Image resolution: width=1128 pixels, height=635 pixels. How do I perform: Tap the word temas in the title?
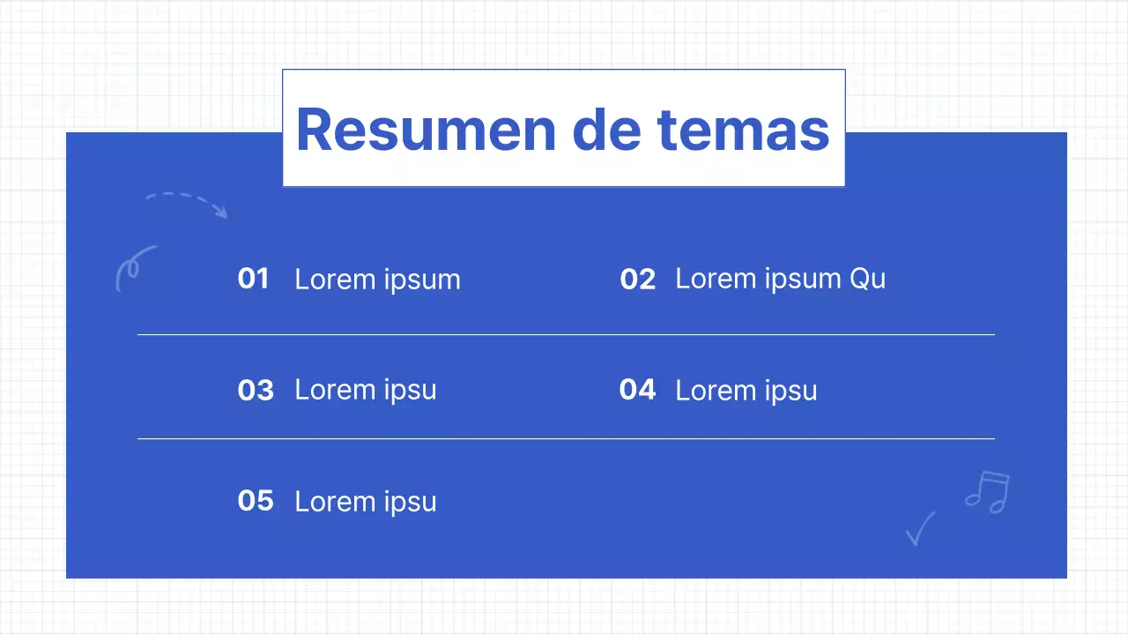pos(743,130)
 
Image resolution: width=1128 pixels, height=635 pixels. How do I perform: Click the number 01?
pos(253,279)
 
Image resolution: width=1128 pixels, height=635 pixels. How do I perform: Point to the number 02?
pos(637,280)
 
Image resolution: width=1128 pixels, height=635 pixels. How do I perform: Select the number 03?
pos(256,390)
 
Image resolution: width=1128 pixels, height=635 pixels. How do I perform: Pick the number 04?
pos(637,390)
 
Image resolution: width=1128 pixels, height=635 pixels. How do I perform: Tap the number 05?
pos(256,501)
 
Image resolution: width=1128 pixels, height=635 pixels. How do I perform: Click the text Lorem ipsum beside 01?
pos(377,280)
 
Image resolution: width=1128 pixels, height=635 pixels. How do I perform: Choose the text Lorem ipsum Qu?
pos(780,280)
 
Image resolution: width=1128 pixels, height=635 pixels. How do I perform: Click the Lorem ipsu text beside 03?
pos(365,390)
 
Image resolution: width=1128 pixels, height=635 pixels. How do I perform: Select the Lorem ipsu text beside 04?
pos(746,391)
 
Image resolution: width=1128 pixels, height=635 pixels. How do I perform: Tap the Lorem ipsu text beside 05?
pos(365,502)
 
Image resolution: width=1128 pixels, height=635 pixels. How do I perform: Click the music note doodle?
pos(988,492)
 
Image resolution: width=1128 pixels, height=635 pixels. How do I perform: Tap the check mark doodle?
pos(919,529)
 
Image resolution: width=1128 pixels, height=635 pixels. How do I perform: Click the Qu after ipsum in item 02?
pos(867,280)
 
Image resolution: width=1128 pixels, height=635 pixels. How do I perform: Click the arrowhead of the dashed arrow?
pos(222,212)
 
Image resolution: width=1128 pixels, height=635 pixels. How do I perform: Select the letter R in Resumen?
pos(315,130)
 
